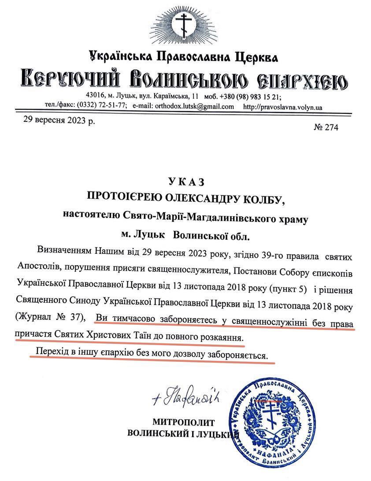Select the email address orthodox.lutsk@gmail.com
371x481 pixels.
tap(193, 106)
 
